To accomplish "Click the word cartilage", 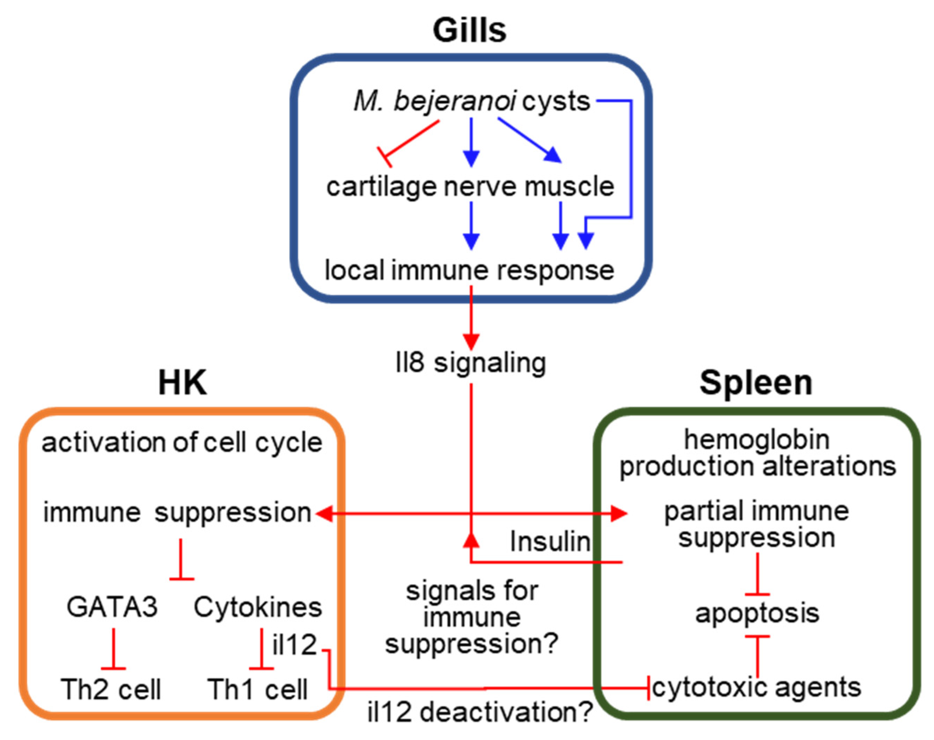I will pyautogui.click(x=381, y=187).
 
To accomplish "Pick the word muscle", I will pyautogui.click(x=569, y=187).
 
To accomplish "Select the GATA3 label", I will pyautogui.click(x=112, y=607).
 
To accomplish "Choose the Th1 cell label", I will pyautogui.click(x=258, y=689).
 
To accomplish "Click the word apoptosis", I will pyautogui.click(x=757, y=613).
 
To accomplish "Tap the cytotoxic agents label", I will pyautogui.click(x=757, y=688).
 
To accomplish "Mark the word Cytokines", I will pyautogui.click(x=258, y=607).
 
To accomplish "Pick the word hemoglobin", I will pyautogui.click(x=757, y=440).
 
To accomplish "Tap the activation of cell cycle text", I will pyautogui.click(x=182, y=443).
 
